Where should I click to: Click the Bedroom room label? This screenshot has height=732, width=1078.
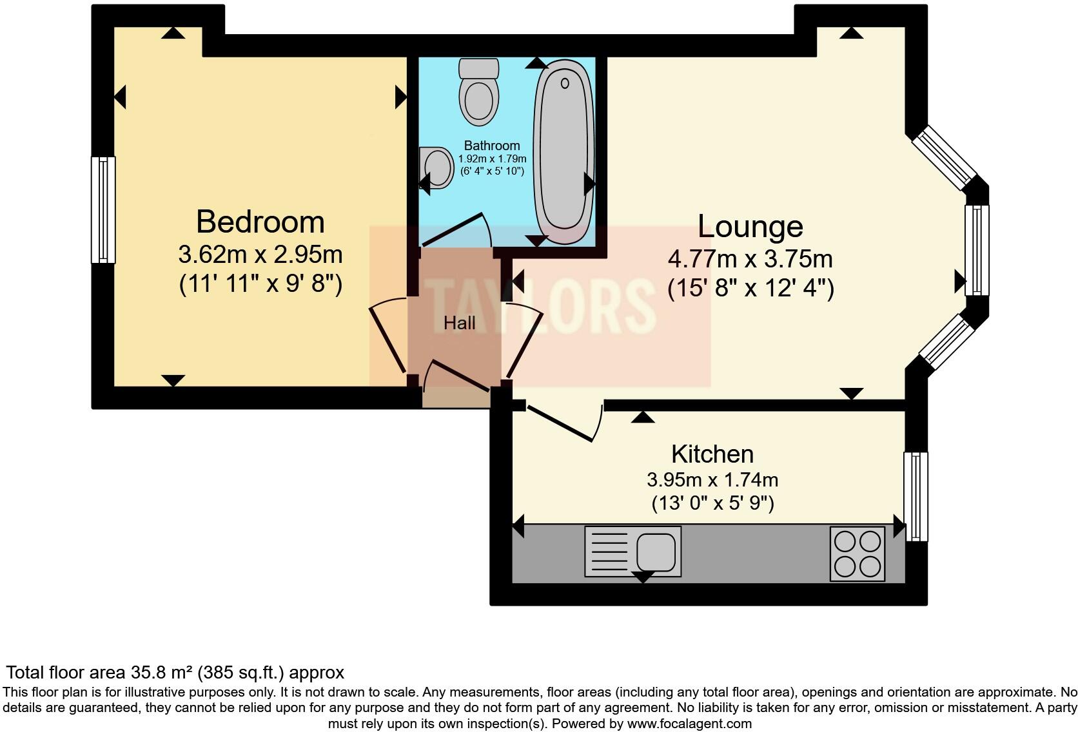coord(260,222)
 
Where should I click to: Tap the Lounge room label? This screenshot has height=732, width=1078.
coord(750,226)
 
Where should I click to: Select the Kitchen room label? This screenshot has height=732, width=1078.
coord(712,454)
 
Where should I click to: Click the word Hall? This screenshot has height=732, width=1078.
coord(459,323)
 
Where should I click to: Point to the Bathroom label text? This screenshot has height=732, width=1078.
coord(491,146)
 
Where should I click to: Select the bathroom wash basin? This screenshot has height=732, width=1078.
coord(436,167)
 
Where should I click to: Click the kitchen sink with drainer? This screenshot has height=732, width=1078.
coord(632,552)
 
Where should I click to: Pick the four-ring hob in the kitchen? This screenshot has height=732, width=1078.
coord(857,554)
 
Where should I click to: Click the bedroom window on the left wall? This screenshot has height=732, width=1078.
coord(103,210)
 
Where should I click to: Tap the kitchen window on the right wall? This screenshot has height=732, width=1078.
coord(916,496)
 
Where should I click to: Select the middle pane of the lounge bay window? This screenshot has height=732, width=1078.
coord(977,250)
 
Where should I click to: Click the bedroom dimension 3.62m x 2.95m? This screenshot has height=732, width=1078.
coord(260,255)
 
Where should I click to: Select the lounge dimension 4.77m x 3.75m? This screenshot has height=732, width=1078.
coord(750,259)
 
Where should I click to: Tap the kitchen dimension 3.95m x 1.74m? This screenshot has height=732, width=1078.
coord(712,480)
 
